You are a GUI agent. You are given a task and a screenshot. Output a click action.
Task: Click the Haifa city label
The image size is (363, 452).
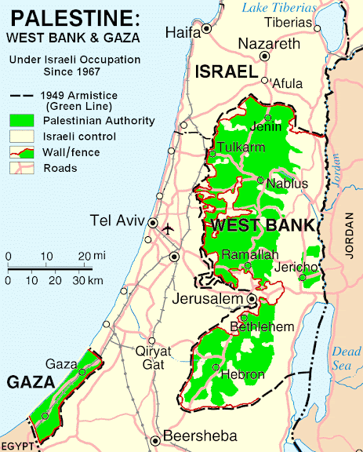(x=181, y=32)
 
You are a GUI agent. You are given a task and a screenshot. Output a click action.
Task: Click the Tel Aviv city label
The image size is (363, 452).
(x=118, y=220)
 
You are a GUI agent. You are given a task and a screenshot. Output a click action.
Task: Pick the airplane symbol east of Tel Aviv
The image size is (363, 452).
(x=168, y=228)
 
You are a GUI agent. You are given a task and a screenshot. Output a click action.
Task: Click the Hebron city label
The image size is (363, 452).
(x=243, y=375)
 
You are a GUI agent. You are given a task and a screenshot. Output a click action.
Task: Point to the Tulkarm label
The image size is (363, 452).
(x=241, y=147)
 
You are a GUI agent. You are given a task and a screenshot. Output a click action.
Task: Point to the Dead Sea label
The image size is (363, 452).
(x=347, y=358)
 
